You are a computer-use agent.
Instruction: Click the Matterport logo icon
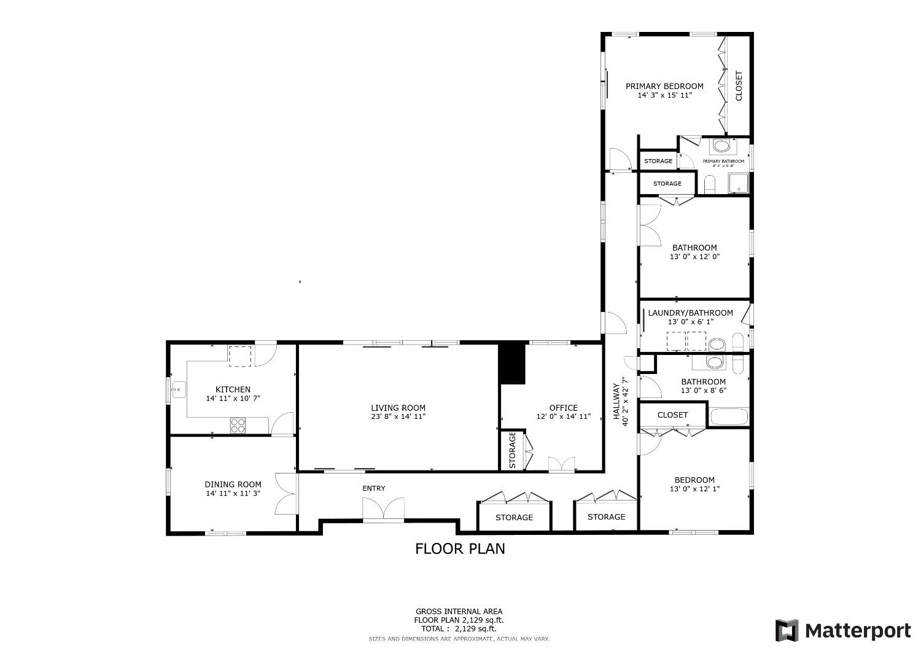pos(788,631)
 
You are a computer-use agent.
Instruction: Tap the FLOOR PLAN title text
pos(460,548)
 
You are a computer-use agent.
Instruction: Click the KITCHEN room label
pos(233,389)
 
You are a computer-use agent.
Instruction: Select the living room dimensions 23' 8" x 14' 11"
pos(398,416)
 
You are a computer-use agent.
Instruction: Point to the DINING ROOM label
pos(233,484)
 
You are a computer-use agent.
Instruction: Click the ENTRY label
pos(374,488)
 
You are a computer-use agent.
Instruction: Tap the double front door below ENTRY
pos(384,510)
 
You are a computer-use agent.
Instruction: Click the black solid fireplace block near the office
pos(513,364)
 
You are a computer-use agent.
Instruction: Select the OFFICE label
pos(563,408)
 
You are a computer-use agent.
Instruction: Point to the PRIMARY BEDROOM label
pos(664,86)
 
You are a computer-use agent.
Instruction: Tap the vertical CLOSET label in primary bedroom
pos(739,86)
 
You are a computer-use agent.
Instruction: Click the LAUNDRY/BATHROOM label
pos(691,313)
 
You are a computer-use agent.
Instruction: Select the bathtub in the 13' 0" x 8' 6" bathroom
pos(729,417)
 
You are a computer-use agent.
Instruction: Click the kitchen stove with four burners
pos(239,425)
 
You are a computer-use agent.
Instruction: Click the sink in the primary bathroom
pos(721,147)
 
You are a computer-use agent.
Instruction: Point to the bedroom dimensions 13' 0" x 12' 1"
pos(694,489)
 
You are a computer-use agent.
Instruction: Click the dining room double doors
pos(287,493)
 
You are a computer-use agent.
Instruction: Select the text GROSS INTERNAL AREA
pos(459,611)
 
